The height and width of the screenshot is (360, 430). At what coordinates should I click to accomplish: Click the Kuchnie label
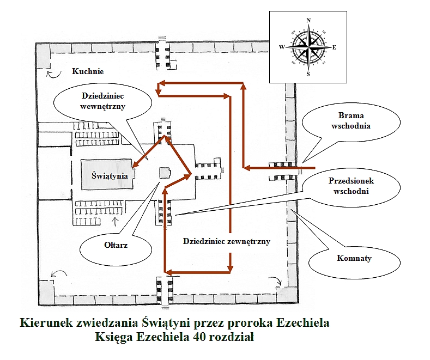(x=88, y=71)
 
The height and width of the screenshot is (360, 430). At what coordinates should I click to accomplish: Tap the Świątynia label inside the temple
(x=110, y=175)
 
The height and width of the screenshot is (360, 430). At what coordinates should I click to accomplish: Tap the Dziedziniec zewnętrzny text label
(x=227, y=241)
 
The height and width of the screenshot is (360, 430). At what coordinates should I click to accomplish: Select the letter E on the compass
(x=334, y=47)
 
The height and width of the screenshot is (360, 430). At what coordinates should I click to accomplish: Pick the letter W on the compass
(x=282, y=47)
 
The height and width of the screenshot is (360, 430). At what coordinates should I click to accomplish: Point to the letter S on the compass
(x=308, y=74)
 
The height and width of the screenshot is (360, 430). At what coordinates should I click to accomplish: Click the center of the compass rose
(x=308, y=47)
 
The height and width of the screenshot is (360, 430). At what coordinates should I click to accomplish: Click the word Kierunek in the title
(x=44, y=323)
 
